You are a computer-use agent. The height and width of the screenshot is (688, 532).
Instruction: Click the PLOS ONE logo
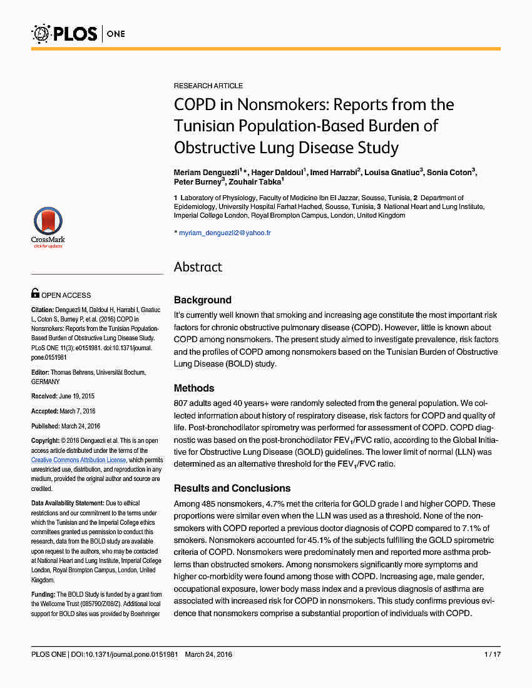(x=78, y=33)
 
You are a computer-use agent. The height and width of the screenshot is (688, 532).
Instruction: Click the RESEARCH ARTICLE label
(x=208, y=86)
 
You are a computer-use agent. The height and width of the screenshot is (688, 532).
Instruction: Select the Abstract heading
(x=198, y=267)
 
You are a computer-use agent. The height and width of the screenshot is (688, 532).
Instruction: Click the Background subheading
(x=202, y=300)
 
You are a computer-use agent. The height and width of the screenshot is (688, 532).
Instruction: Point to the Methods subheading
(x=194, y=388)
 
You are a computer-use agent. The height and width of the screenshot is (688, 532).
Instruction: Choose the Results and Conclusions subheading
(x=232, y=488)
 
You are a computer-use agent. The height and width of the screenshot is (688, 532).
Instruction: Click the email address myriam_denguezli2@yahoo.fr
(x=225, y=233)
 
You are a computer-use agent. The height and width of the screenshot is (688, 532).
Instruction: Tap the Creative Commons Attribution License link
(x=78, y=460)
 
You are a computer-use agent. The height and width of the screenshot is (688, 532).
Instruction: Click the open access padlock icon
(x=36, y=293)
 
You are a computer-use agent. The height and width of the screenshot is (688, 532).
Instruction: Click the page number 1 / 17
(x=493, y=654)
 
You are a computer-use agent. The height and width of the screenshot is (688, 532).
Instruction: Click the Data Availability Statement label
(x=68, y=503)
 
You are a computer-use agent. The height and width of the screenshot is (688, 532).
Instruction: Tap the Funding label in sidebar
(x=43, y=594)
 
